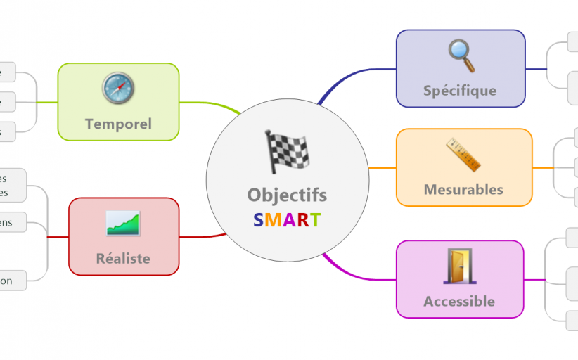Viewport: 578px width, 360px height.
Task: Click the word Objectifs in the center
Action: (x=287, y=195)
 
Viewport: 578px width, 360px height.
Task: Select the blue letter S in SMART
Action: (x=258, y=220)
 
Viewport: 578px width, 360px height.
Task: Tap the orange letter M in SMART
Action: (x=272, y=220)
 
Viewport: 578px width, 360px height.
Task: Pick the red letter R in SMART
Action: (x=302, y=220)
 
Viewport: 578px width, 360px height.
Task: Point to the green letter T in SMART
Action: (x=316, y=220)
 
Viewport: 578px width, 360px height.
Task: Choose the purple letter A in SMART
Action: (x=288, y=220)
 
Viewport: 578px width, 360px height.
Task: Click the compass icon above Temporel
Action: (x=118, y=89)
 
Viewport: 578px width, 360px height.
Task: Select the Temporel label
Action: (x=118, y=124)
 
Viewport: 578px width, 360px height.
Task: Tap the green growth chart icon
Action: (x=123, y=223)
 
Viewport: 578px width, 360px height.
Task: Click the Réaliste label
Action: (x=123, y=258)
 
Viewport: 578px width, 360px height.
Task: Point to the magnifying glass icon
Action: (x=461, y=56)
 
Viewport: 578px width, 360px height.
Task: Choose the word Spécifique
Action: (x=460, y=90)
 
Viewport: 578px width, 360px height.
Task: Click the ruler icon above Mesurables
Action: (x=463, y=155)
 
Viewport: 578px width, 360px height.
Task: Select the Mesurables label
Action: (x=463, y=189)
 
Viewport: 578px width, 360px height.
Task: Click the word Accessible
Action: (x=459, y=301)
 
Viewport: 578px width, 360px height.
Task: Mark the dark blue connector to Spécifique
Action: (x=352, y=73)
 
